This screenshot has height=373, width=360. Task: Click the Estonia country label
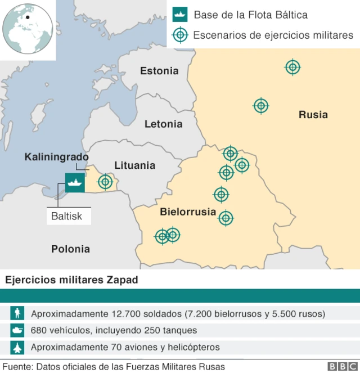[159, 71]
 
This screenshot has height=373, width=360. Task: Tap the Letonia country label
[163, 124]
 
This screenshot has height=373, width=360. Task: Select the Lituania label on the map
[134, 165]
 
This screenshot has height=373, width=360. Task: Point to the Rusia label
[313, 115]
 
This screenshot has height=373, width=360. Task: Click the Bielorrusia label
[188, 212]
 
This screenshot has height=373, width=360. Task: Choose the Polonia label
[70, 249]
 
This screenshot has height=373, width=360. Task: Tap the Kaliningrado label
[56, 156]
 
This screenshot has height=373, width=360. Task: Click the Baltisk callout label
[67, 215]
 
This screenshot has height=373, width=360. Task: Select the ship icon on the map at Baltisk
[75, 182]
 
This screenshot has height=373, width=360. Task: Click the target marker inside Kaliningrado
[105, 182]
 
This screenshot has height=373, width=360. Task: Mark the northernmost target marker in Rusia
[292, 68]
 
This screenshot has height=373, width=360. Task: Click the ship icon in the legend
[179, 15]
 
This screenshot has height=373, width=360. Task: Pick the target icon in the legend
[179, 35]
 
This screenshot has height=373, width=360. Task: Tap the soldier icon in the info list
[19, 313]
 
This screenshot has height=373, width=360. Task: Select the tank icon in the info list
[19, 330]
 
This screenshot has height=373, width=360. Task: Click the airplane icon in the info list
[19, 347]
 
